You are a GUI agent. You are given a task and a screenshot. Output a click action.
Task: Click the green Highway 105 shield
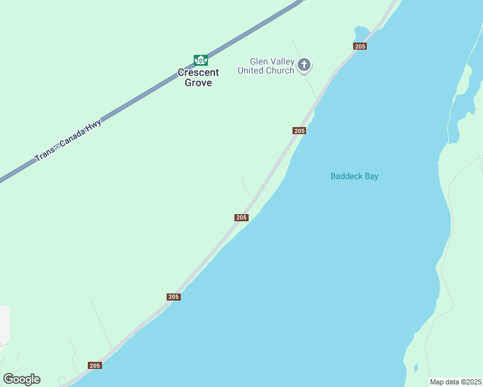(x=200, y=60)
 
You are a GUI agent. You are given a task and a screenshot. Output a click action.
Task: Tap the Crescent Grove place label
(x=198, y=77)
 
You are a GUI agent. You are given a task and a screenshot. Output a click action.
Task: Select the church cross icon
(x=304, y=65)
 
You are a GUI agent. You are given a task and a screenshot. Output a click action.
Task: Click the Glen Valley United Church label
(x=266, y=66)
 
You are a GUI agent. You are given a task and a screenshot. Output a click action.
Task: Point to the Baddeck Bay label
(x=354, y=176)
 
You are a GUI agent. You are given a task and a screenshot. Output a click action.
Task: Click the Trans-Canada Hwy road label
(x=68, y=139)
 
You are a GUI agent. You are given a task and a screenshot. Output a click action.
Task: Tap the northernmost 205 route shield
(x=360, y=46)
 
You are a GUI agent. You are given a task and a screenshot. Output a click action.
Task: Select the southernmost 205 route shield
(x=95, y=366)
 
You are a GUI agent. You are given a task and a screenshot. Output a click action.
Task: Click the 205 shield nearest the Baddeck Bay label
(x=298, y=130)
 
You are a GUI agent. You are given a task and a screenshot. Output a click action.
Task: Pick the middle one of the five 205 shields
(x=241, y=217)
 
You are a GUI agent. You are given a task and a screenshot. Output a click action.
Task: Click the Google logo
(x=21, y=379)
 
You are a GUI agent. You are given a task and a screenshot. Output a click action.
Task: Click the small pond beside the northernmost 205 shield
(x=361, y=32)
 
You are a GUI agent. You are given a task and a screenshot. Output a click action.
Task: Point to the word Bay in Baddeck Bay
(x=369, y=176)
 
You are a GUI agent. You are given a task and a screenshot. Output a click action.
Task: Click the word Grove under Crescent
(x=198, y=83)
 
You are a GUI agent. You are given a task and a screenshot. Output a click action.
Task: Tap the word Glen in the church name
(x=260, y=62)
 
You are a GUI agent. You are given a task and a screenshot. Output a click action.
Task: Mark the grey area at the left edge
(x=4, y=326)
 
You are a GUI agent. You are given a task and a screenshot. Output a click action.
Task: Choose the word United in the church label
(x=251, y=70)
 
